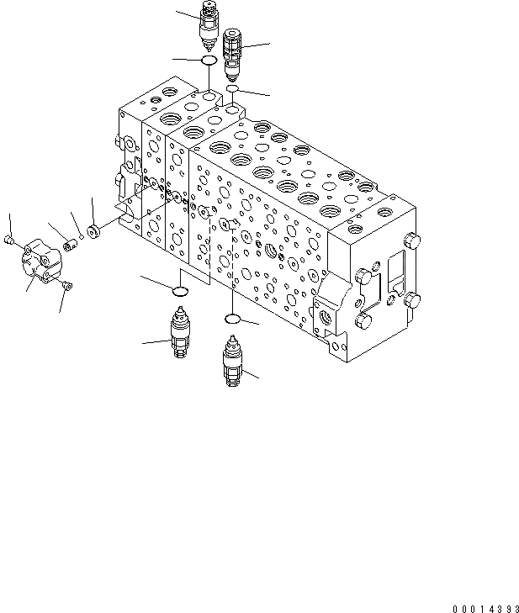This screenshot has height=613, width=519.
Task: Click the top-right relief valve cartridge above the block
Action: [234, 51]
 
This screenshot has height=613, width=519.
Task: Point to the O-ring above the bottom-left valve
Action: [179, 291]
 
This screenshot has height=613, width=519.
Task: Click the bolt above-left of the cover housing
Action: [9, 240]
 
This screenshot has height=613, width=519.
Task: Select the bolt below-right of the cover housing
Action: [67, 288]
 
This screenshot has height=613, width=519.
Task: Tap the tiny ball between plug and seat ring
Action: [82, 239]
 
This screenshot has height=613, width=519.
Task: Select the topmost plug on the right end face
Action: [411, 242]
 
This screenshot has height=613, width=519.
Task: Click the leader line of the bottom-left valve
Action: [155, 341]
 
